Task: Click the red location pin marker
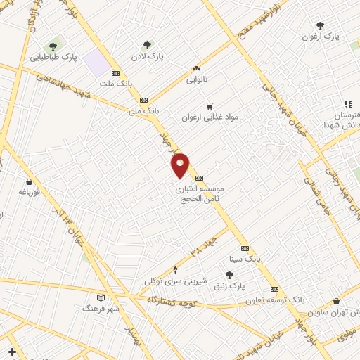pos(181,165)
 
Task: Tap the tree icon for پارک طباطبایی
pos(53,46)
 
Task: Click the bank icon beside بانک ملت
pos(115,73)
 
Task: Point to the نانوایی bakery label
pos(197,79)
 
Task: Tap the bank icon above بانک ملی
pos(144,100)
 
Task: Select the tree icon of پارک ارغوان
pos(320,25)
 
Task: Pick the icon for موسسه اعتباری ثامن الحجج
pos(200,178)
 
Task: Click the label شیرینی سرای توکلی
pos(176,281)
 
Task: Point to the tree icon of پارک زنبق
pos(229,276)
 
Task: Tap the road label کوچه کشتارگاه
pos(173,301)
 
